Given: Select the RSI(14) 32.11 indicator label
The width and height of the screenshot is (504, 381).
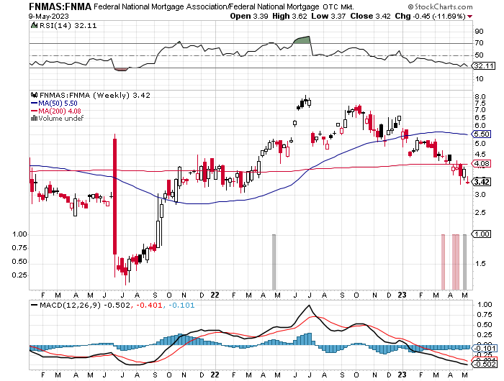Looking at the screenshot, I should (x=58, y=24).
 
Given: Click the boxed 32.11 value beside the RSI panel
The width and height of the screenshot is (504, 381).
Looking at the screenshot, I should (x=482, y=65).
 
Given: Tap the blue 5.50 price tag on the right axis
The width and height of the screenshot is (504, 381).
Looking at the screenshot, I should (x=482, y=134).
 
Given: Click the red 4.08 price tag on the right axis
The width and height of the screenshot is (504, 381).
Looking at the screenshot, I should (x=482, y=164).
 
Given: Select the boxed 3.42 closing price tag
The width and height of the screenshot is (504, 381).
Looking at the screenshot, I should (x=482, y=182).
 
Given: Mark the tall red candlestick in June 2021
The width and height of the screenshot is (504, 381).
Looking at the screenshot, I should (x=115, y=194).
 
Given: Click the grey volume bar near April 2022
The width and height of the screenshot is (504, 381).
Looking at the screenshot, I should (x=274, y=260).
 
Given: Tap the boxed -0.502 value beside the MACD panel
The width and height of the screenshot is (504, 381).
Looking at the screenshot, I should (x=482, y=364).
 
